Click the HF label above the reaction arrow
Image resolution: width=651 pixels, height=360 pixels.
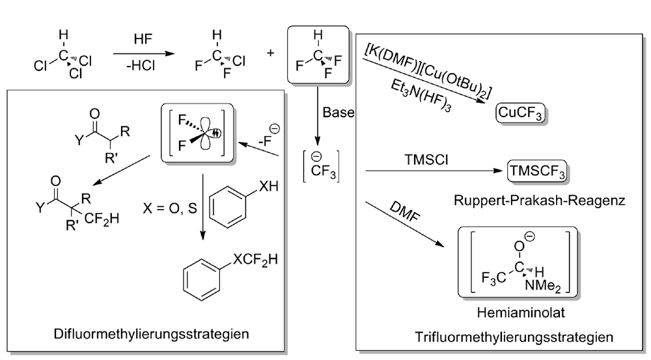[143, 40]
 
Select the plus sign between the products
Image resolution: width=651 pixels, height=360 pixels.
[270, 53]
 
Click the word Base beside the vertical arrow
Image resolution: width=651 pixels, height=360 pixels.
[339, 113]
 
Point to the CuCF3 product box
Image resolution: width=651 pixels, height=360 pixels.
[520, 113]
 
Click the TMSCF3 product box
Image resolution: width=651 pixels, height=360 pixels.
[537, 171]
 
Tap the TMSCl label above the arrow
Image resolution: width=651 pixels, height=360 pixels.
[426, 160]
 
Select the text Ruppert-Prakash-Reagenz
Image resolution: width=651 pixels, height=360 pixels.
[539, 201]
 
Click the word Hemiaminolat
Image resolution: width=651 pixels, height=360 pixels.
[521, 312]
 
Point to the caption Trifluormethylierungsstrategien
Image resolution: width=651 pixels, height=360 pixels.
[514, 337]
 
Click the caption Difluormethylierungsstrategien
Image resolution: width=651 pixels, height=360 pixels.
[151, 334]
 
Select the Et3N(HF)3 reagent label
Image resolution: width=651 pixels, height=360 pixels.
[421, 96]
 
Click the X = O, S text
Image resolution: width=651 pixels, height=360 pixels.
[170, 208]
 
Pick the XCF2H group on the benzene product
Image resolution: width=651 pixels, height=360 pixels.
[255, 260]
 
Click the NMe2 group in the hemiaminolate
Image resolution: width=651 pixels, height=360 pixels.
[543, 286]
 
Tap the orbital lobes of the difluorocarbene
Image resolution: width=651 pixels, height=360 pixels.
[205, 132]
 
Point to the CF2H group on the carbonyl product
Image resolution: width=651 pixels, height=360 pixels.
[102, 219]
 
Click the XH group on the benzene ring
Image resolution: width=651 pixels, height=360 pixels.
[269, 186]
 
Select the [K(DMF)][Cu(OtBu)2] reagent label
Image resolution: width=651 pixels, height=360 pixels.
[428, 70]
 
